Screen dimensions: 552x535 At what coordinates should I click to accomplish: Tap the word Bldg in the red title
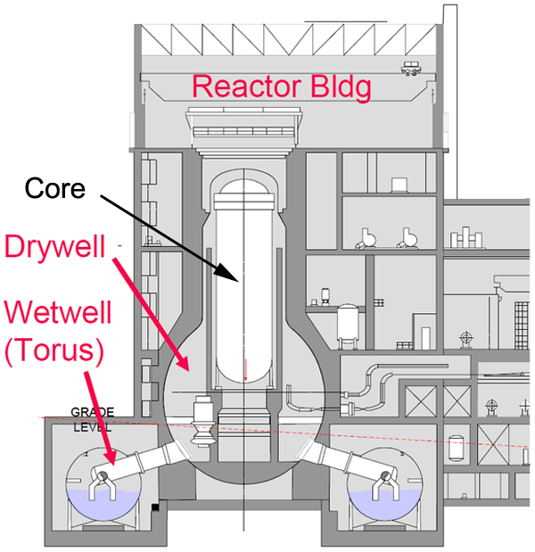point(333,87)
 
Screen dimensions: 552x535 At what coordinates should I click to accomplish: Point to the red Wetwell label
point(53,315)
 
